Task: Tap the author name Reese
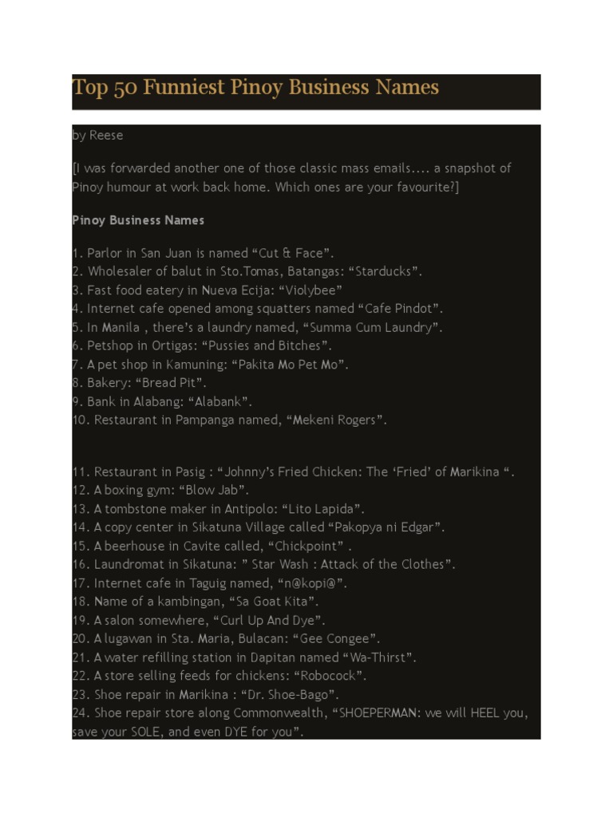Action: [106, 136]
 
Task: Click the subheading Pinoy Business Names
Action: [138, 220]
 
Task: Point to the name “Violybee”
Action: [310, 290]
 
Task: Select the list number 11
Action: [80, 472]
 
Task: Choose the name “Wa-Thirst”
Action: [379, 657]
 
